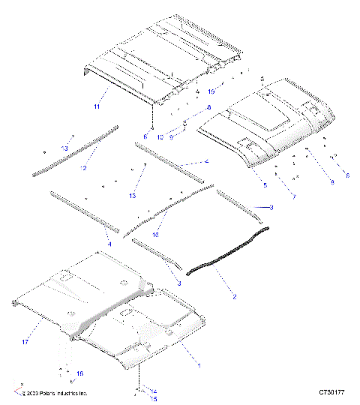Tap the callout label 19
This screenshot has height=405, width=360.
(211, 91)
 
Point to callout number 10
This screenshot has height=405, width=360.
(160, 136)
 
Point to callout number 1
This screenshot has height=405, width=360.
(198, 364)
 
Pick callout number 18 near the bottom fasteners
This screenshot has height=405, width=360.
(80, 373)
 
